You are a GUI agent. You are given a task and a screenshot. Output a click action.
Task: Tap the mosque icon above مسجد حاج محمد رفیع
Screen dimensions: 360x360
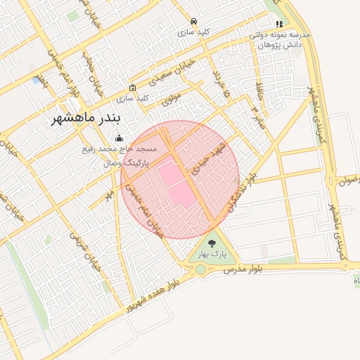point(119,138)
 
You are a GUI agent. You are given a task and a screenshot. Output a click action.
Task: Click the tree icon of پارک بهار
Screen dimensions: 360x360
point(212,243)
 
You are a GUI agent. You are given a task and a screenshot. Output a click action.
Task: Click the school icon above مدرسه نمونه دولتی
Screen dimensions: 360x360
point(279,24)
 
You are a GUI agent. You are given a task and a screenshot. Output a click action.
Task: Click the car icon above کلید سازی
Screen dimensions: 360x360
point(194,21)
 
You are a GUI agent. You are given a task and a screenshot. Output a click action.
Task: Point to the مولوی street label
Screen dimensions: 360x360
point(172,98)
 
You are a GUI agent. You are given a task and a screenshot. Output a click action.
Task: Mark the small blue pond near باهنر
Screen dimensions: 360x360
point(36,80)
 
